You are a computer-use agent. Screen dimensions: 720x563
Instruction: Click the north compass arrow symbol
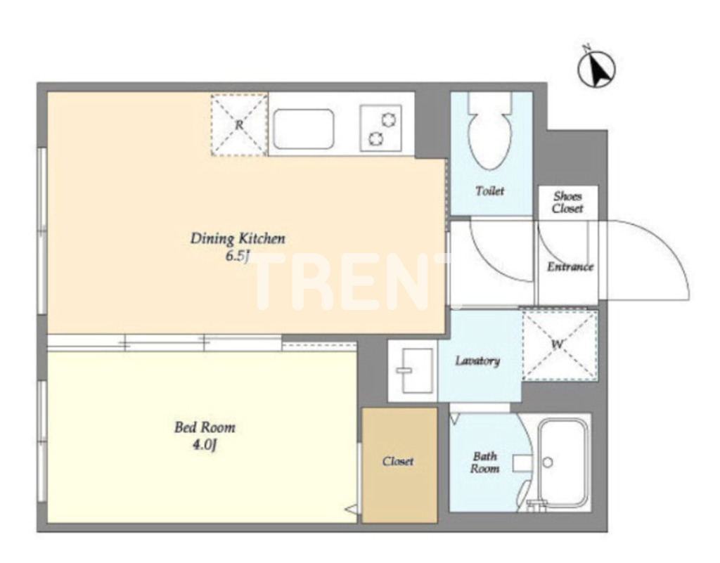[x=596, y=70]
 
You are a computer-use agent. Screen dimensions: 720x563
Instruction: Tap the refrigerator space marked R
[x=239, y=124]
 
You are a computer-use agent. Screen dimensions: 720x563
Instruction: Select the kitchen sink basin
[x=304, y=129]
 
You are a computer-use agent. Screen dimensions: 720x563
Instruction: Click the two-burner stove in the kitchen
[x=380, y=128]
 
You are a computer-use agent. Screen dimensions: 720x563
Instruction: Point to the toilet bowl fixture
[x=490, y=131]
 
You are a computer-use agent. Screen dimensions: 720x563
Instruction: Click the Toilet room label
[x=490, y=190]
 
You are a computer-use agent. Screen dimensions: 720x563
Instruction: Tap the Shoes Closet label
[x=567, y=202]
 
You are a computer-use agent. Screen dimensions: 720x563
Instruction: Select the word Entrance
[x=570, y=266]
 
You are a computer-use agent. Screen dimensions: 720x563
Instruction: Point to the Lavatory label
[x=477, y=361]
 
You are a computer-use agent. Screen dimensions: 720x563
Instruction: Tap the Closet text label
[x=398, y=461]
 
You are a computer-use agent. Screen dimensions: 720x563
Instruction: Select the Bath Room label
[x=485, y=462]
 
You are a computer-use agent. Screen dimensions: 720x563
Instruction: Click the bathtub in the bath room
[x=563, y=462]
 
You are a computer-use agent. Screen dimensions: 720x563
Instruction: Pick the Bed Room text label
[x=205, y=427]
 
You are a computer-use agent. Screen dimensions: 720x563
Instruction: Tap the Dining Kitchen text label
[x=238, y=238]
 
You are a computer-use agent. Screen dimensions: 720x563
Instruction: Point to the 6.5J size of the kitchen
[x=237, y=256]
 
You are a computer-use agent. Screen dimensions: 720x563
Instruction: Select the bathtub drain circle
[x=547, y=462]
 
